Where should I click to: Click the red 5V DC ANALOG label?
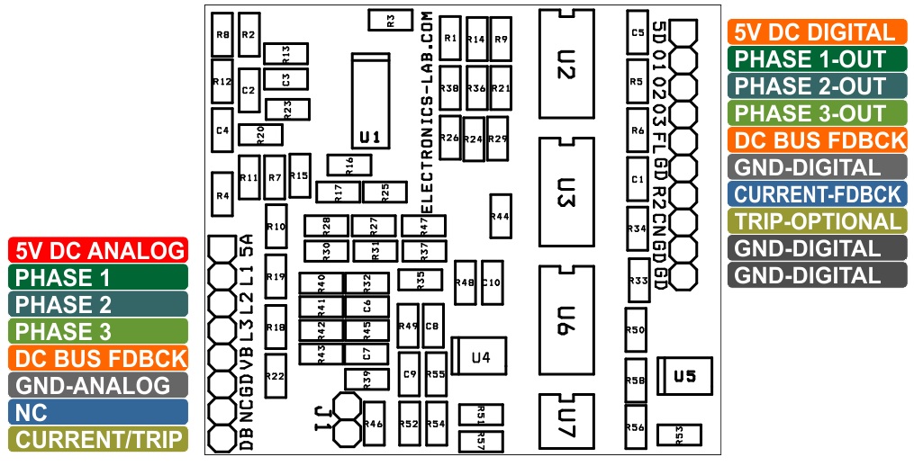tap(98, 250)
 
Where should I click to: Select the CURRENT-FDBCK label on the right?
tap(818, 194)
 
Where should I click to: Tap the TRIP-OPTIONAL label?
tap(818, 220)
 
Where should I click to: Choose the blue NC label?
tap(98, 412)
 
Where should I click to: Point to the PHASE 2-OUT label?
tap(818, 86)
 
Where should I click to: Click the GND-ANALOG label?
tap(98, 385)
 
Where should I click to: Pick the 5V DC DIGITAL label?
tap(818, 32)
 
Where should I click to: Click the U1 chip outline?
tap(370, 101)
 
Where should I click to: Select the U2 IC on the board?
tap(566, 64)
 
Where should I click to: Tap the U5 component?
tap(685, 376)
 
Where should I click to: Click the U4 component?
tap(478, 356)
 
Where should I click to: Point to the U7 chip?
tap(566, 422)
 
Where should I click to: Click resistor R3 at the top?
tap(390, 20)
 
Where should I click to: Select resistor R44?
tap(501, 216)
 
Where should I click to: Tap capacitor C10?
tap(492, 282)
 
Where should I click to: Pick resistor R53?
tap(679, 435)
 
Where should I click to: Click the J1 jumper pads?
tap(347, 419)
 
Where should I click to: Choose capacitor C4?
tap(222, 130)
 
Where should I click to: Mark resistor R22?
tap(276, 376)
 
